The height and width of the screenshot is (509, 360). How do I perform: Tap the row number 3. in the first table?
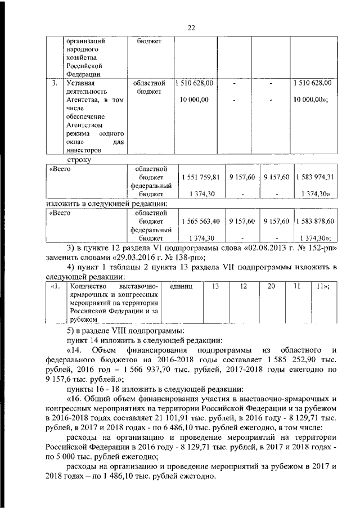point(54,83)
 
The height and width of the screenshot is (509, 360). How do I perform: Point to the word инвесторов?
point(84,150)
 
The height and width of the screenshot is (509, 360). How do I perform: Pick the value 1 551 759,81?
point(200,177)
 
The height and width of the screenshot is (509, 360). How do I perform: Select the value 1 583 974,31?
point(316,177)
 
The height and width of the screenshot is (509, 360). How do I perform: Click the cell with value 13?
point(215,286)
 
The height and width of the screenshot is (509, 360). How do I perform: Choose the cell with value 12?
point(243,286)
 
